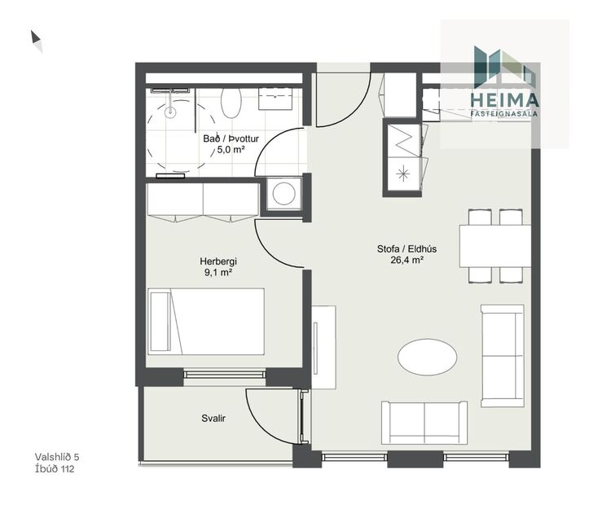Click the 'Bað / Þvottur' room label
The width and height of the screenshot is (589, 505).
pyautogui.click(x=231, y=138)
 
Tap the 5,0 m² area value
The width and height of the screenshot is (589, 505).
pyautogui.click(x=231, y=150)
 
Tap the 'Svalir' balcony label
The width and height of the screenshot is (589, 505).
pyautogui.click(x=213, y=419)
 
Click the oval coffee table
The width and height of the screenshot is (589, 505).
pyautogui.click(x=428, y=358)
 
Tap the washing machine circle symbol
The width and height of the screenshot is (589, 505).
pyautogui.click(x=284, y=194)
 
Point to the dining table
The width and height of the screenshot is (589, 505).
pyautogui.click(x=494, y=245)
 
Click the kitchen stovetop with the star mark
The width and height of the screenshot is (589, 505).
pyautogui.click(x=402, y=172)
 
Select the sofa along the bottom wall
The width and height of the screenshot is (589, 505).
pyautogui.click(x=424, y=422)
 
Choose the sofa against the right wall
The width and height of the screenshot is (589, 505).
pyautogui.click(x=502, y=355)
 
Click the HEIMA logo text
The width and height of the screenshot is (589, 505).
pyautogui.click(x=505, y=99)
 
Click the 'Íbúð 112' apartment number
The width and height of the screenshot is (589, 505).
pyautogui.click(x=55, y=468)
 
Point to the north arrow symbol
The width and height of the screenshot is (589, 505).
pyautogui.click(x=37, y=40)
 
